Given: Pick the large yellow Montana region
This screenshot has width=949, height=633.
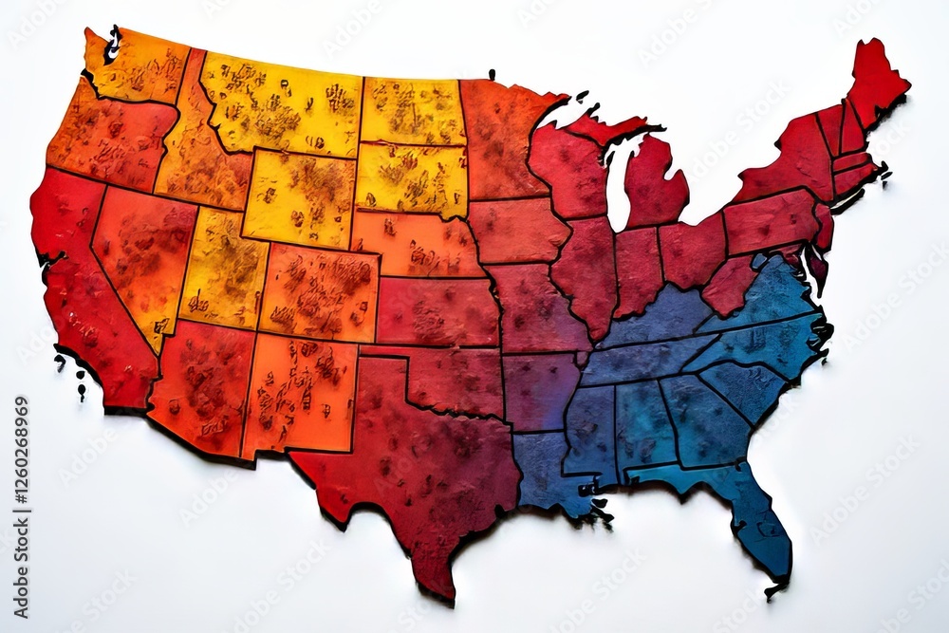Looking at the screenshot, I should tap(280, 104).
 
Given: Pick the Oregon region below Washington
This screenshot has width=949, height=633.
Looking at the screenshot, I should tap(109, 138).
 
